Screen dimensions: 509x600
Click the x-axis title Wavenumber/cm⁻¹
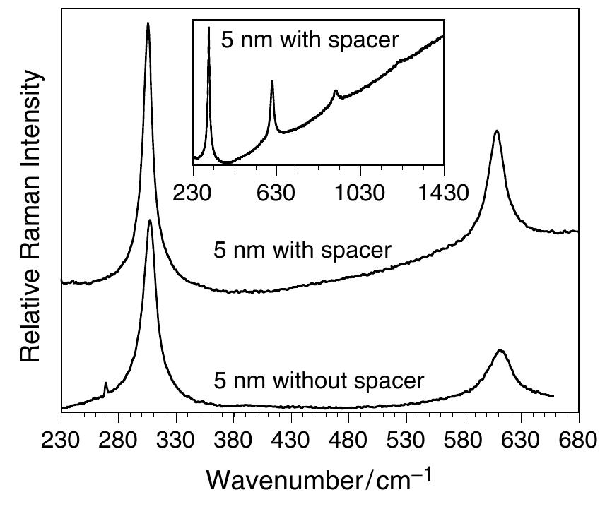pos(317,480)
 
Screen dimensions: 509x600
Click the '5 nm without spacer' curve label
pos(319,381)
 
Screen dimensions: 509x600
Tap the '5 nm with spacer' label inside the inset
pos(310,39)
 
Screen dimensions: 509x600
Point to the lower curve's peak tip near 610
pos(501,350)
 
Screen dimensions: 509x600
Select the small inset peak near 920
pos(336,90)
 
